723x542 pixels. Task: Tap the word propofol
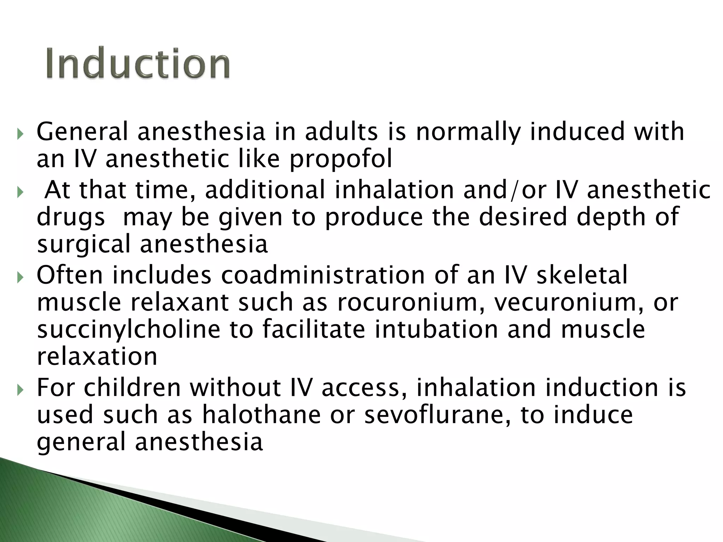click(341, 159)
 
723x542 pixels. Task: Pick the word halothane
click(261, 415)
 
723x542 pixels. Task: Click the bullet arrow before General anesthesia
click(20, 134)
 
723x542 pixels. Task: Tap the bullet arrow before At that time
click(20, 192)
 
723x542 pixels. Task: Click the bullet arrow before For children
click(20, 390)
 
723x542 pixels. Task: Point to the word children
click(132, 387)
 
